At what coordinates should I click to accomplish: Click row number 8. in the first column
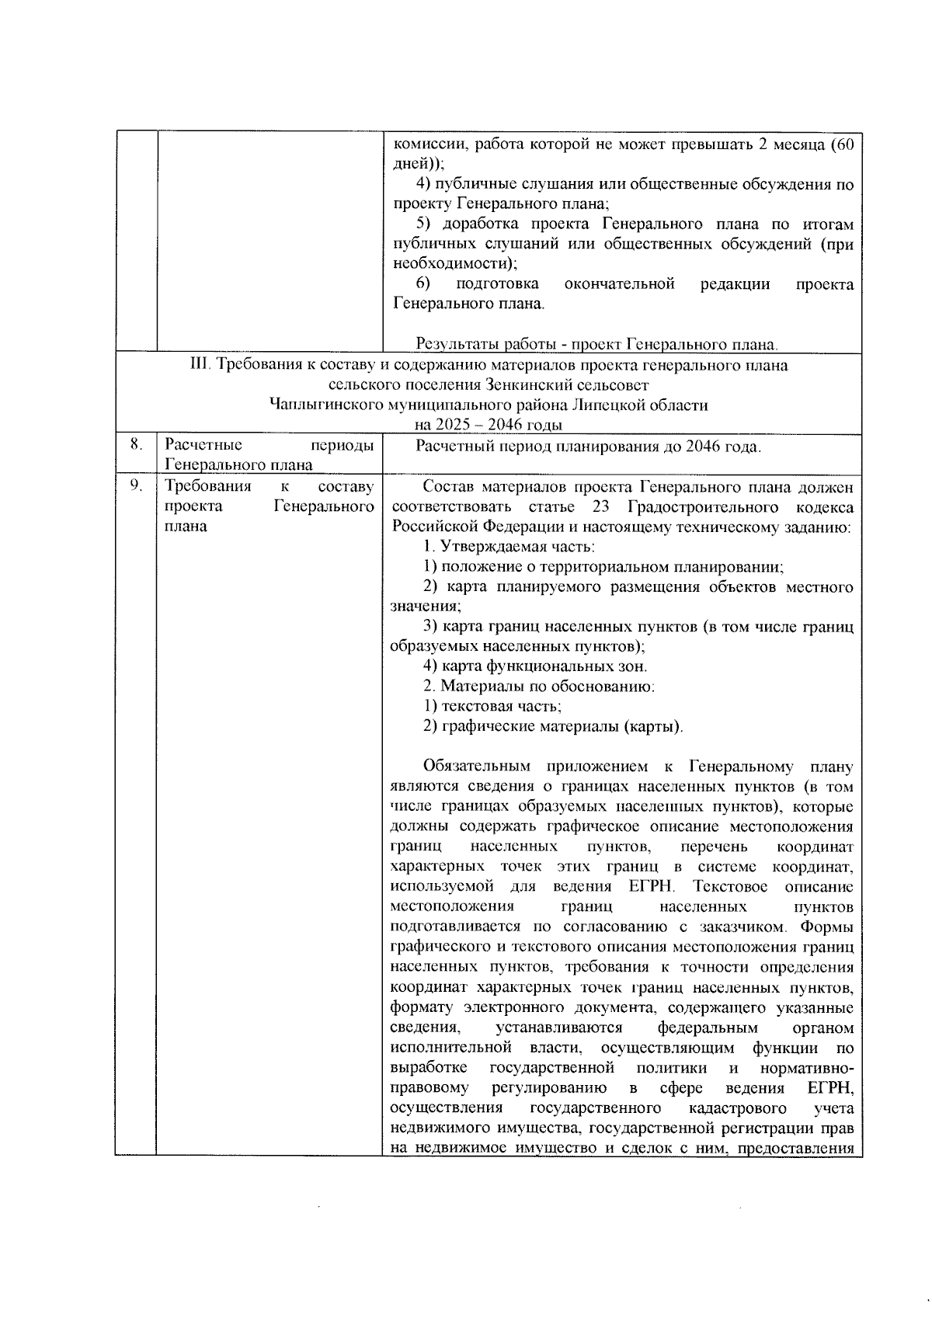135,444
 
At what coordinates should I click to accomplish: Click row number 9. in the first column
135,485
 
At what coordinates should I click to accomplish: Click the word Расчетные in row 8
203,445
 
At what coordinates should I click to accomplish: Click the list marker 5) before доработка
424,224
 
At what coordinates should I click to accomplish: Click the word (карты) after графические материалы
655,727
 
